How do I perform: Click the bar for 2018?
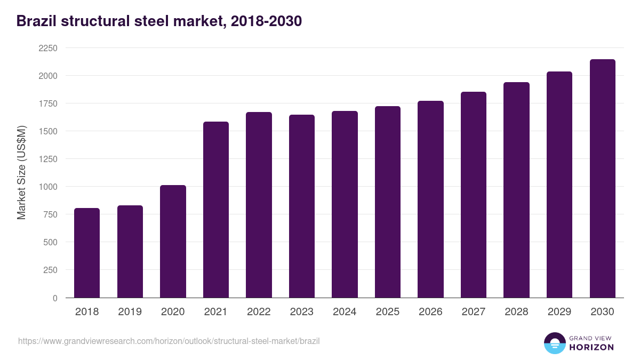(x=87, y=253)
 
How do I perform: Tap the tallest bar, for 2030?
(x=602, y=179)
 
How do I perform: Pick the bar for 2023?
(x=302, y=206)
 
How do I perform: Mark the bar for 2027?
(x=474, y=195)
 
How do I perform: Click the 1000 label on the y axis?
(x=47, y=187)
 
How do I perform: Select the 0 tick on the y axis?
(x=55, y=298)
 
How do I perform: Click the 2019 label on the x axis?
(x=130, y=312)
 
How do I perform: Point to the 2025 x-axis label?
(x=388, y=312)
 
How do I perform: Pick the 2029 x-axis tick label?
(x=559, y=312)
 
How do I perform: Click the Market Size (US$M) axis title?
(x=21, y=173)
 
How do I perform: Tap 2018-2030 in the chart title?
(x=266, y=21)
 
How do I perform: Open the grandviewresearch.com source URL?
(x=169, y=341)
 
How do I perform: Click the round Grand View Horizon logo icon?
(x=555, y=343)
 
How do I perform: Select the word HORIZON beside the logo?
(x=591, y=347)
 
